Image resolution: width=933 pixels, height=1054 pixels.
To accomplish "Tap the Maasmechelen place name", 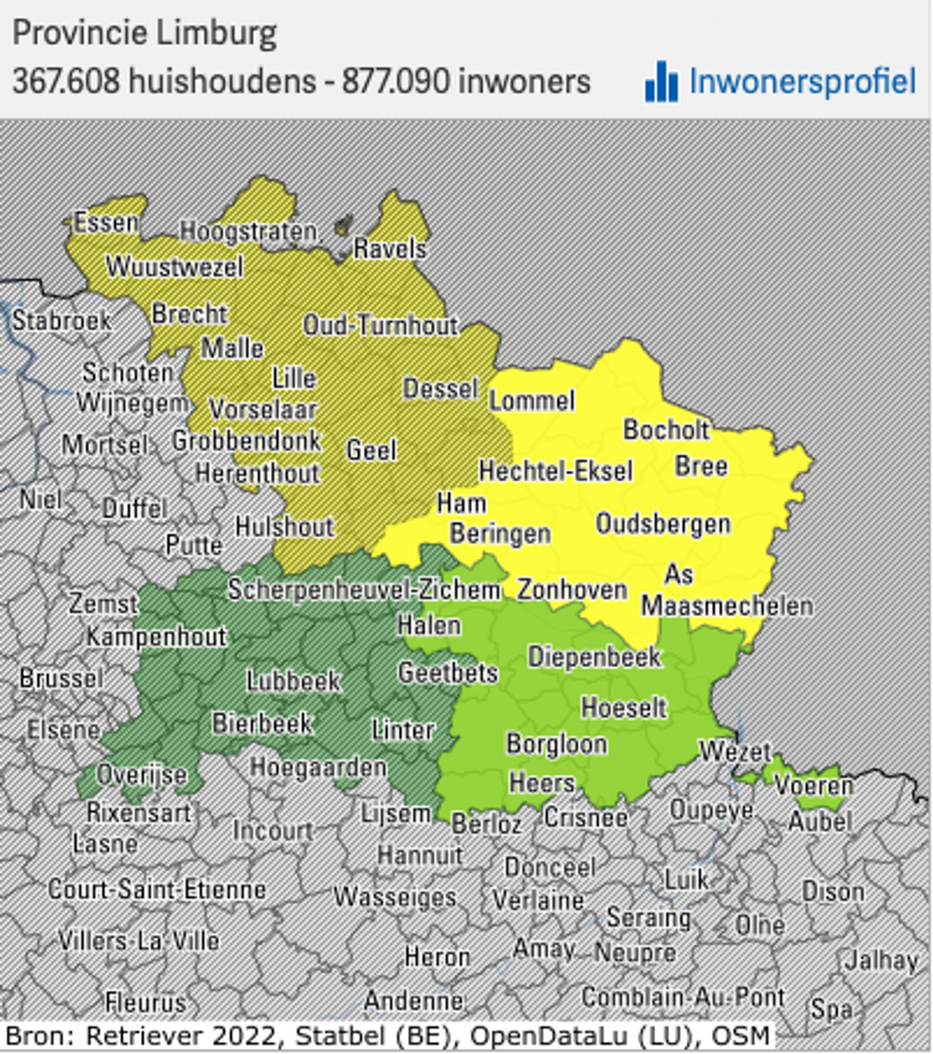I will pos(727,606).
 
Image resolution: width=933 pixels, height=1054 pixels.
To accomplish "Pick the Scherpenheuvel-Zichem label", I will pos(364,589).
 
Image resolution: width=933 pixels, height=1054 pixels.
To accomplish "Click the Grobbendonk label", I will pos(246,441).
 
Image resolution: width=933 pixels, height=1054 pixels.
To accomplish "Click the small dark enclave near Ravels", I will pos(343,225).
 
